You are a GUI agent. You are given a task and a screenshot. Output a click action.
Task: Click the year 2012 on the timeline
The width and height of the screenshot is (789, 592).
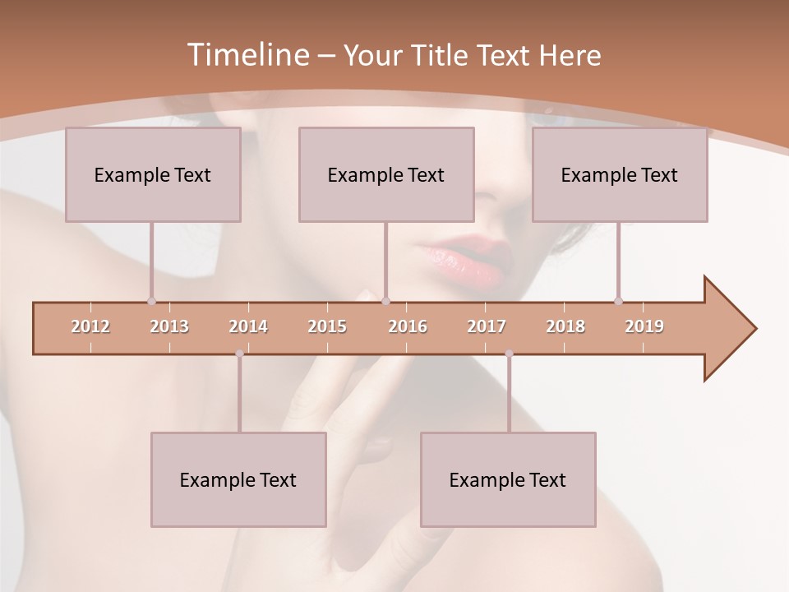pyautogui.click(x=90, y=326)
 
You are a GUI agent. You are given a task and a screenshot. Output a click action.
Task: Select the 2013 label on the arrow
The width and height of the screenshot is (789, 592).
pyautogui.click(x=169, y=326)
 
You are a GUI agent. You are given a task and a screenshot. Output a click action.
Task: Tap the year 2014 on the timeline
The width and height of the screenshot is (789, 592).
pyautogui.click(x=248, y=326)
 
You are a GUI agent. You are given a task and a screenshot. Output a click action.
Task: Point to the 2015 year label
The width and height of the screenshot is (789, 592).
pyautogui.click(x=327, y=326)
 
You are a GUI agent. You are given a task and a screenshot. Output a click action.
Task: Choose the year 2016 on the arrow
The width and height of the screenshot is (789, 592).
pyautogui.click(x=408, y=326)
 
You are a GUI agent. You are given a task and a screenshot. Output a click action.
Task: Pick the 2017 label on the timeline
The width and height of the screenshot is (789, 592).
pyautogui.click(x=487, y=326)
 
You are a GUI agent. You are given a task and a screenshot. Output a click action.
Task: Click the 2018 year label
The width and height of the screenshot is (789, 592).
pyautogui.click(x=565, y=326)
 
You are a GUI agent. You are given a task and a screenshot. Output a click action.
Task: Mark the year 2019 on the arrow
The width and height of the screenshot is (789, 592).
pyautogui.click(x=644, y=326)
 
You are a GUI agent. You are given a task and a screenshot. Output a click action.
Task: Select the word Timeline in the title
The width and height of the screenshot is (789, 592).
pyautogui.click(x=246, y=55)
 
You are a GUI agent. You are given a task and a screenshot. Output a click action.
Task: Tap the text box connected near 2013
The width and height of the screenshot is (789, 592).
pyautogui.click(x=153, y=174)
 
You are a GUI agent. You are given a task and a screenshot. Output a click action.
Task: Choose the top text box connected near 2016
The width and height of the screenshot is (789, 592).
pyautogui.click(x=386, y=174)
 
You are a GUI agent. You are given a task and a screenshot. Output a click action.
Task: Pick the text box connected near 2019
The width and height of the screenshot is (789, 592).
pyautogui.click(x=620, y=174)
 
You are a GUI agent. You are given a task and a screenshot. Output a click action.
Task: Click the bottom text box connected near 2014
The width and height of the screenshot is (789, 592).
pyautogui.click(x=238, y=479)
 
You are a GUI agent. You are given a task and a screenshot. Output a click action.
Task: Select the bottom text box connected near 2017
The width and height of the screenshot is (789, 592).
pyautogui.click(x=508, y=479)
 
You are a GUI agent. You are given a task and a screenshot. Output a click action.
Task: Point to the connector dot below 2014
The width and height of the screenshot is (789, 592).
pyautogui.click(x=239, y=354)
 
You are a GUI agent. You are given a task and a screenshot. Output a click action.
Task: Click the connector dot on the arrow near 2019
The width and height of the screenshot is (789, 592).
pyautogui.click(x=618, y=301)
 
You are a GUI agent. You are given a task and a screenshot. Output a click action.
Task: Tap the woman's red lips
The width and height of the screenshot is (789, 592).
pyautogui.click(x=465, y=257)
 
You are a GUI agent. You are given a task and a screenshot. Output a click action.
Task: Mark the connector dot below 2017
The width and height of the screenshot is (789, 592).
pyautogui.click(x=509, y=354)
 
